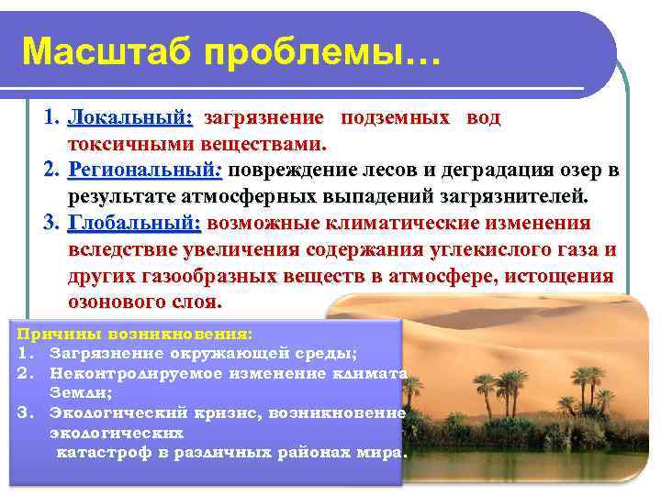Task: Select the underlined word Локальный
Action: pos(129,118)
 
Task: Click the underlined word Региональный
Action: pos(145,170)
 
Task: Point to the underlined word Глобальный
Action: pos(134,224)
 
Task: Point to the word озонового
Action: pos(112,302)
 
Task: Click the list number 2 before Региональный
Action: pos(51,170)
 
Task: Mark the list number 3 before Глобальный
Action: pos(51,224)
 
